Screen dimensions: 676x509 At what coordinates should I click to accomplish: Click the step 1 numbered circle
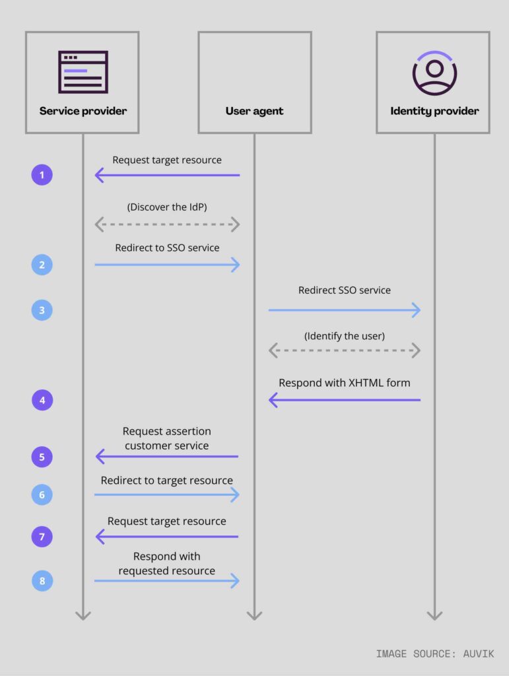(x=42, y=175)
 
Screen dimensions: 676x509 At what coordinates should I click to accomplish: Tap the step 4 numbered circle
(x=42, y=400)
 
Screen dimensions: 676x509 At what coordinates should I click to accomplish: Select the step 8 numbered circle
(x=42, y=581)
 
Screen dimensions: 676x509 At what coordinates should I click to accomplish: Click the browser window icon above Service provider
(x=83, y=72)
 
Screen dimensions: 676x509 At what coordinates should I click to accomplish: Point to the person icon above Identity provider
(x=434, y=73)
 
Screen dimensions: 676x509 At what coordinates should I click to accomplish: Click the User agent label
(x=254, y=111)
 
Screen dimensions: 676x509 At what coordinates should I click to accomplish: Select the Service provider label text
(x=83, y=111)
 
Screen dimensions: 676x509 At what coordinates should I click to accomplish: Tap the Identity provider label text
(x=434, y=111)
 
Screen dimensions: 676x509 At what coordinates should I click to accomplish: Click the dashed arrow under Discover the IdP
(x=167, y=224)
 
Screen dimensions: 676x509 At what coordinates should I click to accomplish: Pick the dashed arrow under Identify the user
(x=344, y=351)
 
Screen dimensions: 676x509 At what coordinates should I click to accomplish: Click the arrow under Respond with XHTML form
(x=344, y=400)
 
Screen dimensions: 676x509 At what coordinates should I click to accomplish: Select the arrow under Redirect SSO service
(x=344, y=310)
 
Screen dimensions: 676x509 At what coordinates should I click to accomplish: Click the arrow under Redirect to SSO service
(x=167, y=265)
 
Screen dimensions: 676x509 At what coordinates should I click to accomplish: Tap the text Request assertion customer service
(x=167, y=438)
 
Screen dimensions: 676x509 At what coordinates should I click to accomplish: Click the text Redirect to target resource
(x=167, y=481)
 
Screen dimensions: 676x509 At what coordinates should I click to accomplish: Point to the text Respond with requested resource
(x=167, y=563)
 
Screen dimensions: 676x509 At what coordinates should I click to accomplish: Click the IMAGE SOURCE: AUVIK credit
(x=434, y=654)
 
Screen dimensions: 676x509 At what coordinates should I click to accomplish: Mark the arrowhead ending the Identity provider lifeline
(x=434, y=615)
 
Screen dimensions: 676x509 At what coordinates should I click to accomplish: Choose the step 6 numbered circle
(x=42, y=494)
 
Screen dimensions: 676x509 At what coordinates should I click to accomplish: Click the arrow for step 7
(x=167, y=537)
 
